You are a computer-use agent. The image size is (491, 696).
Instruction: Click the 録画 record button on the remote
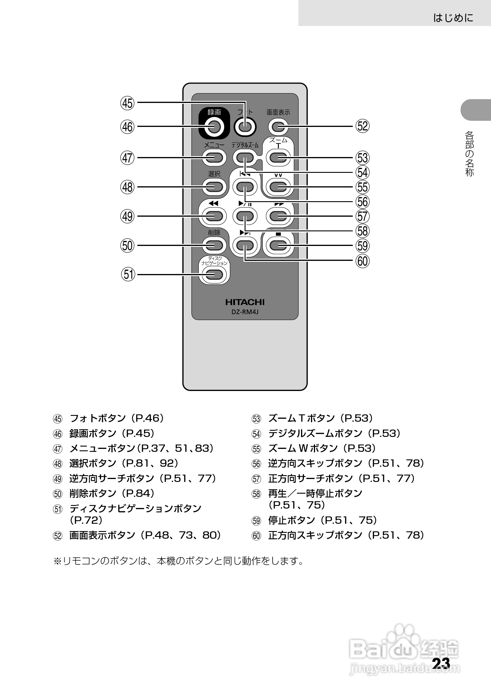[214, 126]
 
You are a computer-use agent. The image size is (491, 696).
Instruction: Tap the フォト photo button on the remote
[245, 126]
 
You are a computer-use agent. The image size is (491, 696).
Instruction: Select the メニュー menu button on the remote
[214, 158]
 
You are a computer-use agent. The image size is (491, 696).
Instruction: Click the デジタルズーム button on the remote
[245, 158]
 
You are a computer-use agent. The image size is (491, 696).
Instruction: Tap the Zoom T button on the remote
[278, 158]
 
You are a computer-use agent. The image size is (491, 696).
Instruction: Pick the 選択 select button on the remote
[214, 187]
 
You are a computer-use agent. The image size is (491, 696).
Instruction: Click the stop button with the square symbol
[278, 245]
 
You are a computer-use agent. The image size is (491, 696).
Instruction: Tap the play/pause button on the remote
[245, 216]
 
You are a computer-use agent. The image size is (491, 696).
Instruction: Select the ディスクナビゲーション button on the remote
[214, 275]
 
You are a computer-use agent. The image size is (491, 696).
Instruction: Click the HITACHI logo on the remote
[245, 302]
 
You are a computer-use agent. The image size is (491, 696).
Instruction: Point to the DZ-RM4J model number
[245, 312]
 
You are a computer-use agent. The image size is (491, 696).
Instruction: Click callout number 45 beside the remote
[127, 103]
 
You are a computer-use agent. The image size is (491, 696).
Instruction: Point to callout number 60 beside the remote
[363, 261]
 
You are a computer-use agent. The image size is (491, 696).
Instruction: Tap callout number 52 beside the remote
[363, 126]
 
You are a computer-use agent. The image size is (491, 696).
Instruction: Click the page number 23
[441, 664]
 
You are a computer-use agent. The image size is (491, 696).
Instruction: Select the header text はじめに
[453, 18]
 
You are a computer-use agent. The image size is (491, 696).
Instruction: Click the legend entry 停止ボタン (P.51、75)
[323, 520]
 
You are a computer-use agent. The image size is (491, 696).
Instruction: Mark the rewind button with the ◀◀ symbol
[214, 216]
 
